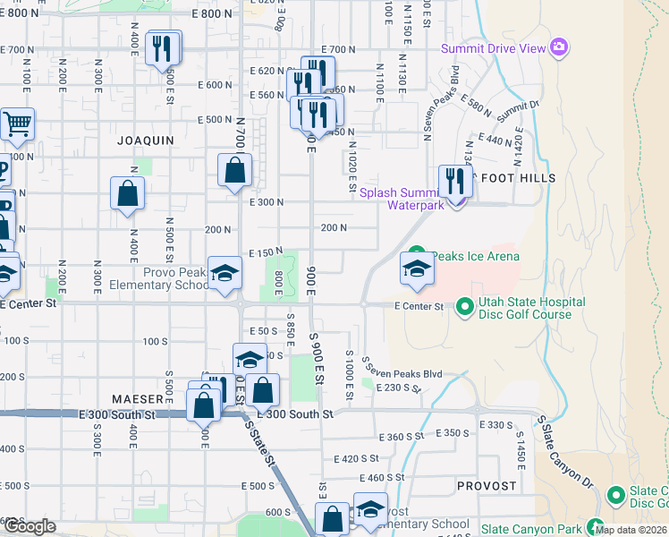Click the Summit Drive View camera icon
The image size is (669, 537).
tap(560, 47)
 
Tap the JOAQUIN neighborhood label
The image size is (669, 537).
tap(146, 141)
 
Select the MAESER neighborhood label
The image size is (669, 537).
tap(138, 397)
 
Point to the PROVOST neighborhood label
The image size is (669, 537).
tap(487, 486)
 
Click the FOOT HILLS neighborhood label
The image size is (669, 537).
tap(519, 178)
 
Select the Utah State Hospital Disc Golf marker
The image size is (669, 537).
tap(464, 308)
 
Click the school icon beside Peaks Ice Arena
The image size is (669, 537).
tap(417, 269)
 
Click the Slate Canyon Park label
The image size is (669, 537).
tap(532, 530)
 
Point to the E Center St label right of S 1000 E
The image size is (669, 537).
tap(419, 306)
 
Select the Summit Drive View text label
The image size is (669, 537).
tap(493, 48)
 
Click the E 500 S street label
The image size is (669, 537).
tap(258, 485)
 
